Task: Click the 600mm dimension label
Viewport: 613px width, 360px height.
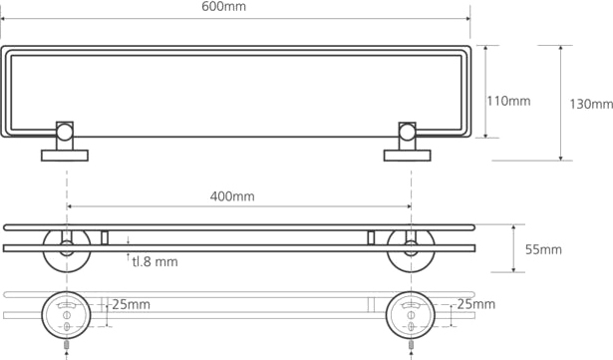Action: (223, 7)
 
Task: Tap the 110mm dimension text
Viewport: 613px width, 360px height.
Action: (508, 101)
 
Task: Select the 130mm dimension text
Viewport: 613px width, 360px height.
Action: (591, 104)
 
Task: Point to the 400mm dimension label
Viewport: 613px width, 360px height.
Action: (232, 196)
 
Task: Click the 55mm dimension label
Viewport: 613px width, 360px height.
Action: (543, 249)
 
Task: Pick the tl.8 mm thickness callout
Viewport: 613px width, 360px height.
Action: (154, 261)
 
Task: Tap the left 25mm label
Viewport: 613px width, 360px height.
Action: (131, 304)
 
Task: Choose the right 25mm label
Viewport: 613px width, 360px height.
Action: (476, 304)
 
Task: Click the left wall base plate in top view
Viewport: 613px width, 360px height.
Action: (65, 156)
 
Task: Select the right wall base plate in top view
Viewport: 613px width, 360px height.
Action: (408, 156)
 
